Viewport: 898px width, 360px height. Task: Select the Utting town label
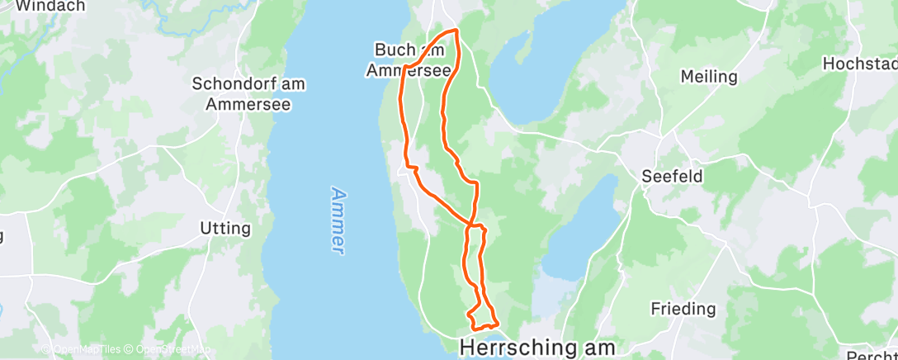pos(225,228)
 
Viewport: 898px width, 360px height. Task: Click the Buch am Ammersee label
pos(409,60)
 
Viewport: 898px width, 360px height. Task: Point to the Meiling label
pos(708,77)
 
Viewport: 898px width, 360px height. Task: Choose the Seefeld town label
pos(672,176)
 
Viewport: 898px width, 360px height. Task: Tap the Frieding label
pos(683,309)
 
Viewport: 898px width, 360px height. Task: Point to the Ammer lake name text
pos(338,219)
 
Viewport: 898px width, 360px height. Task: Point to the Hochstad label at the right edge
pos(860,64)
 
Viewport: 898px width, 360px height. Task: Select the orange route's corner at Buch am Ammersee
pos(405,67)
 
